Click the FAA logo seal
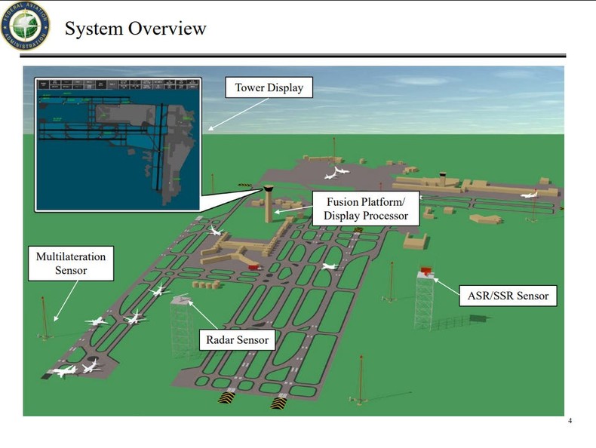click(25, 26)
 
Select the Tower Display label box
click(269, 88)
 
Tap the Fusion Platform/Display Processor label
click(366, 209)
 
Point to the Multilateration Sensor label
click(71, 263)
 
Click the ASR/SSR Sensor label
click(508, 295)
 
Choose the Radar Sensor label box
click(238, 341)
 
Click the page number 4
click(570, 421)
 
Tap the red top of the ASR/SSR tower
click(427, 268)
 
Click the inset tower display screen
click(118, 143)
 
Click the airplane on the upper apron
click(336, 173)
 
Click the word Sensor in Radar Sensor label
click(253, 341)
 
